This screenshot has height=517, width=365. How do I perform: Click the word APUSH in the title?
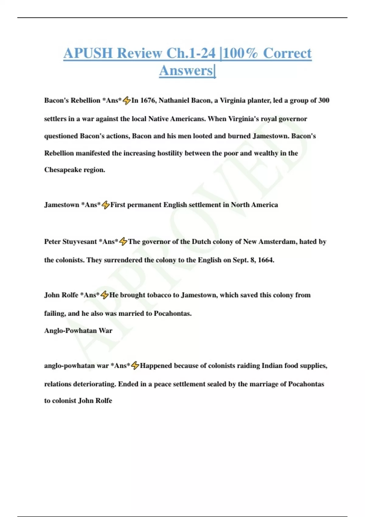(x=88, y=53)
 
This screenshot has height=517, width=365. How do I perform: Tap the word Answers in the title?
(x=186, y=71)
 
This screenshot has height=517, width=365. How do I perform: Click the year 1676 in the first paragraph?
(x=148, y=100)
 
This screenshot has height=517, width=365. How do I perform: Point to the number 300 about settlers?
(x=324, y=100)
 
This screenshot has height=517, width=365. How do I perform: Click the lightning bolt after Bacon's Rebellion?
(x=127, y=100)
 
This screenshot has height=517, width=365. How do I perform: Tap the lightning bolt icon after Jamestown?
(x=106, y=205)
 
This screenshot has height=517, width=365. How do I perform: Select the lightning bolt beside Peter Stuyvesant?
(x=123, y=242)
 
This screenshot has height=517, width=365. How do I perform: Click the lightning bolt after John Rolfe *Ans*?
(x=104, y=295)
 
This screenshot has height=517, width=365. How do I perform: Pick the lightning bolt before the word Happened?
(x=135, y=366)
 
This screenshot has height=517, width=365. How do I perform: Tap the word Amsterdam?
(x=277, y=242)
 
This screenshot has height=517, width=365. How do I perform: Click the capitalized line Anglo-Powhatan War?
(x=78, y=331)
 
